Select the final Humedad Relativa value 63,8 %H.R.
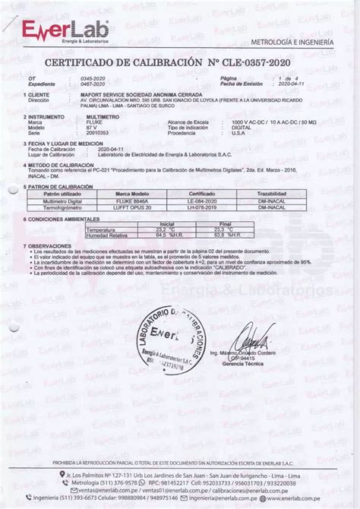(219, 234)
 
